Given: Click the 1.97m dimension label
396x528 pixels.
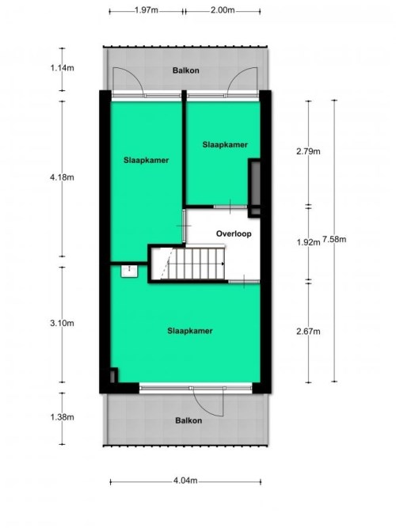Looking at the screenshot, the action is tap(147, 10).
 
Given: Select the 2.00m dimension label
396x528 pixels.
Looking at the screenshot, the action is tap(223, 10).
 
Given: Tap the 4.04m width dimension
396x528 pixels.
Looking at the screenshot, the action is tap(185, 481).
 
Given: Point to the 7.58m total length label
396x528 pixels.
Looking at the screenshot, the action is tap(334, 239).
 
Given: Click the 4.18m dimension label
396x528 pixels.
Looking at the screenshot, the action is tap(62, 177).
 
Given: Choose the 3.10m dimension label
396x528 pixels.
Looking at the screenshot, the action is tap(62, 323).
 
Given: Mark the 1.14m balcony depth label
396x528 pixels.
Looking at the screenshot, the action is tap(62, 68).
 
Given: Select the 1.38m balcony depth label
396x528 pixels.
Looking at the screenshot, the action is tap(62, 417).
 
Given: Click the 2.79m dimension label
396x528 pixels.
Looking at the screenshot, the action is tap(308, 151).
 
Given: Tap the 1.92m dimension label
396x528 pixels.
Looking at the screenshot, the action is tap(308, 242).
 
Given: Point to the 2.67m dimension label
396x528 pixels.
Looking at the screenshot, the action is tap(308, 332).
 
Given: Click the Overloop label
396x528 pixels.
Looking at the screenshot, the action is tap(234, 234).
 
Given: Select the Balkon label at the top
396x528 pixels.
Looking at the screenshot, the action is tap(185, 70).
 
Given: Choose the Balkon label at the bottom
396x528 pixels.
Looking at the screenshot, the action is tap(188, 420).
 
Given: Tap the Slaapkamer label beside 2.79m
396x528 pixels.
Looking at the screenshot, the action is tap(225, 145).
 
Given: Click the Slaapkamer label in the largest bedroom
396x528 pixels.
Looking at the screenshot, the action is tap(190, 331).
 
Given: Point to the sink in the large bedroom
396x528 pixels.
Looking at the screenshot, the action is tap(129, 271).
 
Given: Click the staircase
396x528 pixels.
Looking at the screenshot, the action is tap(188, 264).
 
